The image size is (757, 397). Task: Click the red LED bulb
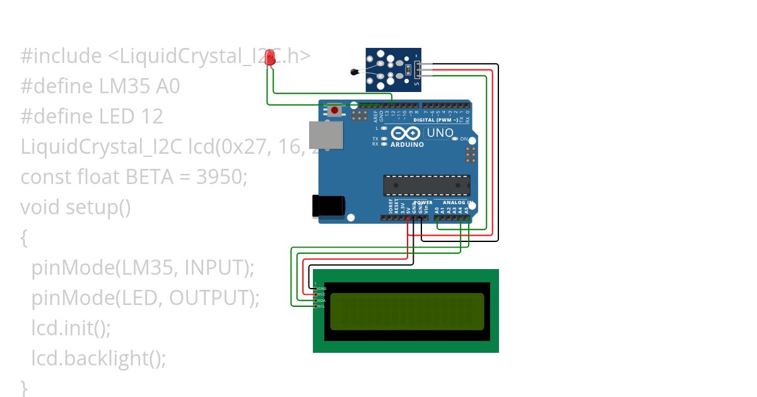[271, 57]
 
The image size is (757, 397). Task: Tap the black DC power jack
[329, 205]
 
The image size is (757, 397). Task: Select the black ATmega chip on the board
[426, 185]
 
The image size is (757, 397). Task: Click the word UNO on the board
[440, 133]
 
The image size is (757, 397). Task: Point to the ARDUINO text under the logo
[407, 144]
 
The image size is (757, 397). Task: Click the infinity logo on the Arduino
[406, 134]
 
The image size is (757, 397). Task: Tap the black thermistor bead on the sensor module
[354, 72]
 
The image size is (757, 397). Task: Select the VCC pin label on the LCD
[322, 294]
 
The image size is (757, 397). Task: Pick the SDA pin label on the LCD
[322, 301]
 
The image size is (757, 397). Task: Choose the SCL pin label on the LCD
[322, 306]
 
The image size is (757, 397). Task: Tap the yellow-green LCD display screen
[407, 311]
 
